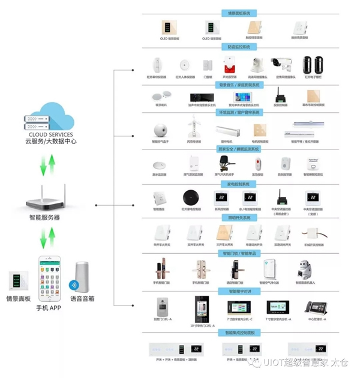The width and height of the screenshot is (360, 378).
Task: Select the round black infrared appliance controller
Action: [x=190, y=197]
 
